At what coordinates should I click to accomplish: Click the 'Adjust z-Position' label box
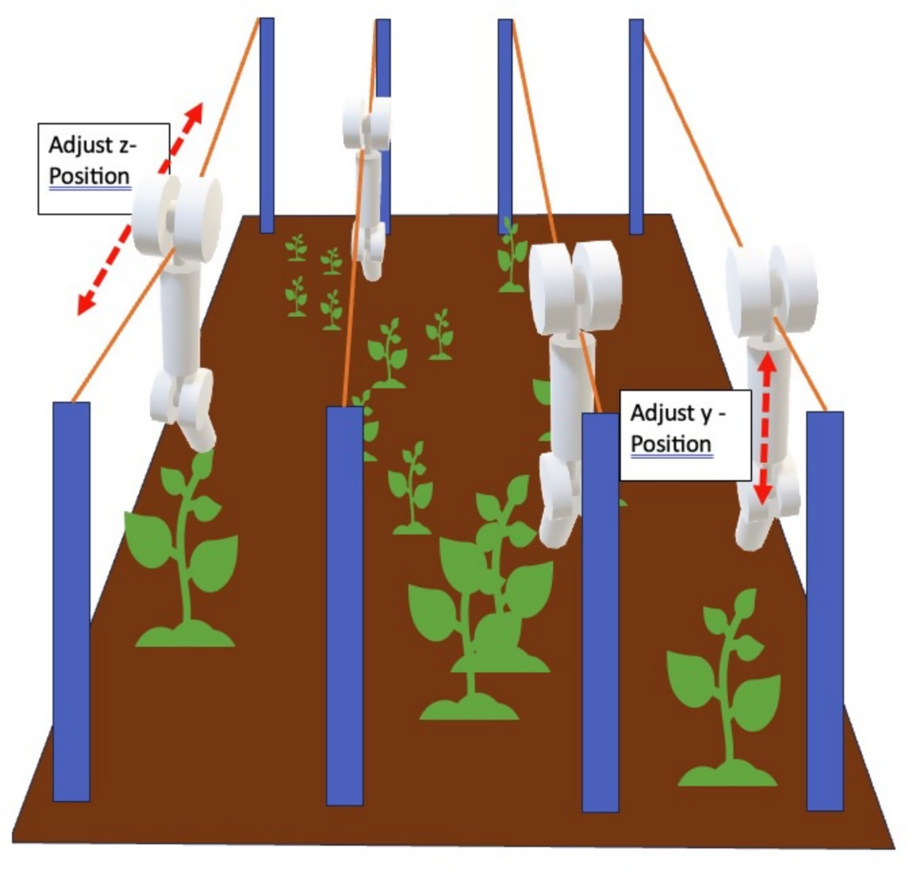[103, 168]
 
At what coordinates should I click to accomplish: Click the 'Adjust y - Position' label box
[684, 435]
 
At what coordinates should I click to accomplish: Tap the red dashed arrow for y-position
[765, 429]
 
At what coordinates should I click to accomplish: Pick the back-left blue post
[267, 125]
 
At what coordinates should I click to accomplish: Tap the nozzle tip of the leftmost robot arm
[200, 440]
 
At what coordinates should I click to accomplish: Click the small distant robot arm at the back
[368, 186]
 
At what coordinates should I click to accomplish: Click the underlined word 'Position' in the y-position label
[671, 444]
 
